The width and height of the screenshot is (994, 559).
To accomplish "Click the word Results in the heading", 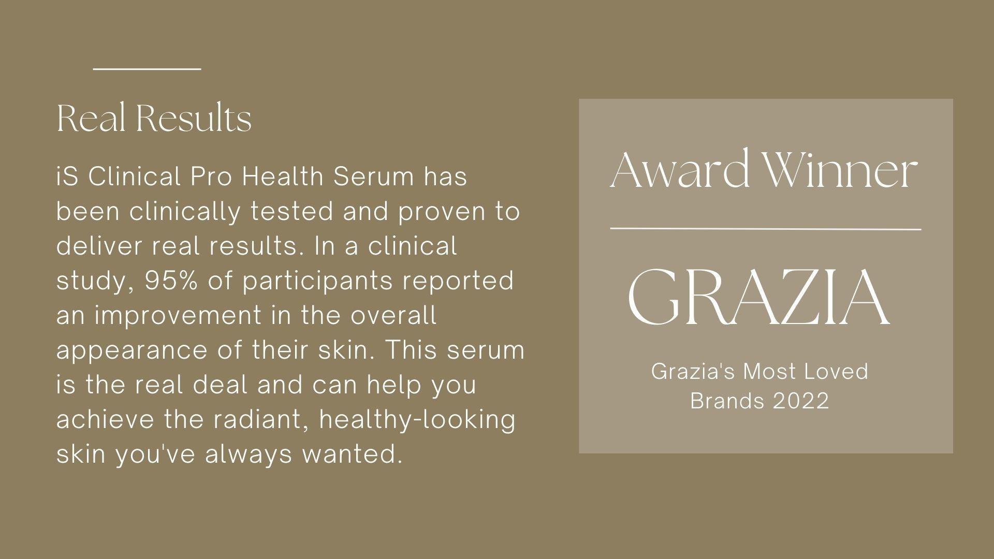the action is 194,119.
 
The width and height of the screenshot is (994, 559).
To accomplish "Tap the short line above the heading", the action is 147,68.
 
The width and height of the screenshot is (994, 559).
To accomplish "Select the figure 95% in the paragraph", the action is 171,281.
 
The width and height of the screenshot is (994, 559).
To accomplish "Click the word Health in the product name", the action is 282,176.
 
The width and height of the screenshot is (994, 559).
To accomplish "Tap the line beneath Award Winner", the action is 766,228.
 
